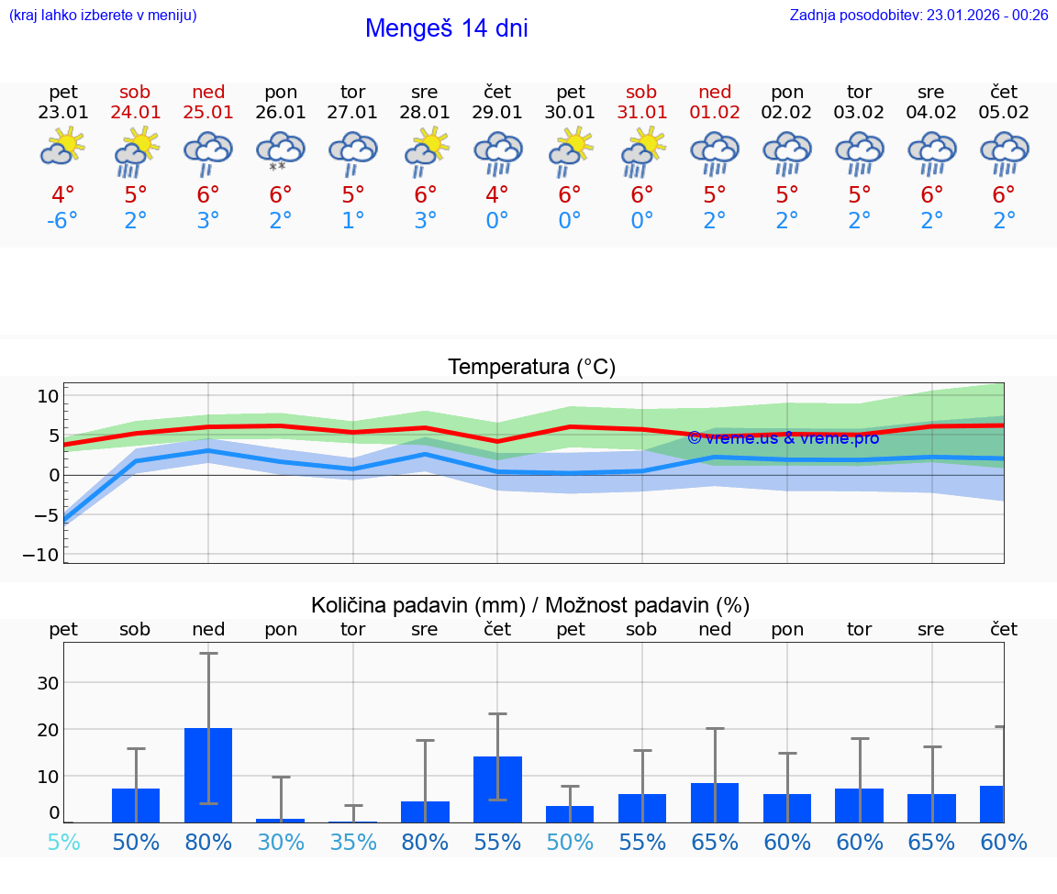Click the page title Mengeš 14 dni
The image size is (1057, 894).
tap(446, 28)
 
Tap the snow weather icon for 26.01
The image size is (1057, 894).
tap(281, 151)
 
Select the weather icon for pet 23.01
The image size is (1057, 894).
tap(62, 147)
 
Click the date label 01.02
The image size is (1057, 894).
tap(715, 113)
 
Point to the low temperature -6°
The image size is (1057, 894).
tap(63, 221)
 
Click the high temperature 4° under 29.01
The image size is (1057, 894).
tap(497, 194)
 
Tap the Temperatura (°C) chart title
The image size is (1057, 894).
tap(531, 368)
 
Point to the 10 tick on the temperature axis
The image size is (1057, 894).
tap(48, 396)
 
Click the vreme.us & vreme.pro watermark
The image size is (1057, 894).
tap(783, 438)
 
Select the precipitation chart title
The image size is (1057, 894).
tap(530, 605)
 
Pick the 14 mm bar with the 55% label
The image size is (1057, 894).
tap(497, 789)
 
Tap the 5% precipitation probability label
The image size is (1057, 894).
tap(63, 842)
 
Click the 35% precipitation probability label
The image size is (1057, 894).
tap(353, 842)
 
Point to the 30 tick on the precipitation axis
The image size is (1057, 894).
tap(48, 683)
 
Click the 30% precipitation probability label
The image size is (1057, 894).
tap(281, 842)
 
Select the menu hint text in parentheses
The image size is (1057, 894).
tap(102, 15)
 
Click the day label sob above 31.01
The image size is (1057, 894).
tap(641, 92)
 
